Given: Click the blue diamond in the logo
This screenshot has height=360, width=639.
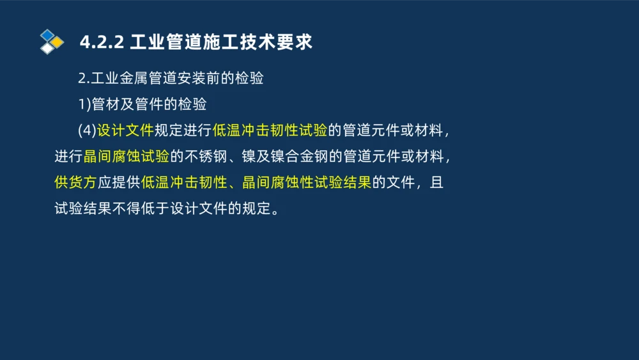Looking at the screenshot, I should coord(47,35).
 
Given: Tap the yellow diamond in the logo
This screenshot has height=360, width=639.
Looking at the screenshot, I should coord(57,42).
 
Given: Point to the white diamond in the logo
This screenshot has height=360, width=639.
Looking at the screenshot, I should coord(47,49).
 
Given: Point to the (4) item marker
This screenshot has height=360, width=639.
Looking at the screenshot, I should coord(86,130).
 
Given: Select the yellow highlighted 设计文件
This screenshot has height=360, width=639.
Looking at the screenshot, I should coord(125,130).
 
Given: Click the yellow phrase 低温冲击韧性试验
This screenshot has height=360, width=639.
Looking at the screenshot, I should coord(270,130).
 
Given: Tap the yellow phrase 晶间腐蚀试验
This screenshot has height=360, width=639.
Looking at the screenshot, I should coord(127,157).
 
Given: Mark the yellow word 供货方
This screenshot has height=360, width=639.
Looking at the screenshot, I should coord(75,183).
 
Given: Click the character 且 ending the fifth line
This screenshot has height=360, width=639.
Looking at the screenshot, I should coord(436,183).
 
